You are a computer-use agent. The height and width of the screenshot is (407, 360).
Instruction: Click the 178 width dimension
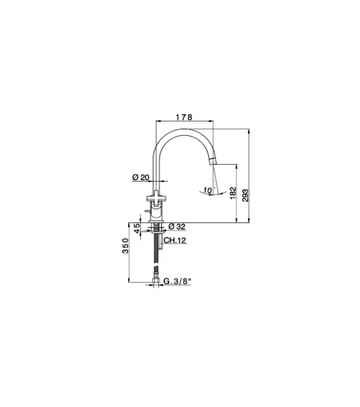click(x=183, y=117)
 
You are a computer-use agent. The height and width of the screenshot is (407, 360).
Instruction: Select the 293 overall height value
click(x=245, y=194)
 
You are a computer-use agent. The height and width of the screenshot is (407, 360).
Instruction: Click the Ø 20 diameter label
click(x=140, y=177)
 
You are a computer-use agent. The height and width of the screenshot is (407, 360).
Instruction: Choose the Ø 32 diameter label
click(x=176, y=226)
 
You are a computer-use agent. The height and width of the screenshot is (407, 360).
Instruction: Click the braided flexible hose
click(x=156, y=257)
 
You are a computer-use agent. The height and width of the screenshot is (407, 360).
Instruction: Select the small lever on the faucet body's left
click(x=146, y=209)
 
